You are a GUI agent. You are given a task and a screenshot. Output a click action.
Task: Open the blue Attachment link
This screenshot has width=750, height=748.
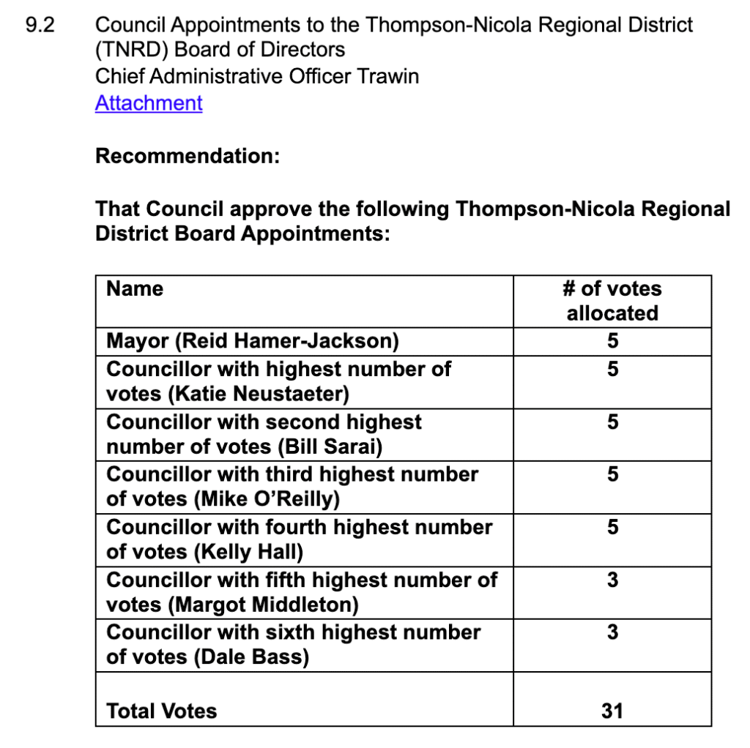click(149, 103)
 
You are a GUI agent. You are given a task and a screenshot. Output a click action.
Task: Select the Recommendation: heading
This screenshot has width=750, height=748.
click(187, 156)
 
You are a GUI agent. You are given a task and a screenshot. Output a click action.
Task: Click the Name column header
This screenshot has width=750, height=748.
click(135, 288)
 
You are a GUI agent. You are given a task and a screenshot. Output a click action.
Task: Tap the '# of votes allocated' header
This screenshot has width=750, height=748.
click(612, 301)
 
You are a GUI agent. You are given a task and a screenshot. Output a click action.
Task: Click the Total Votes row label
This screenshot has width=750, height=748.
click(162, 711)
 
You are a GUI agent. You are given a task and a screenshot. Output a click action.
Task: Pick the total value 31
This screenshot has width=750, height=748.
click(612, 711)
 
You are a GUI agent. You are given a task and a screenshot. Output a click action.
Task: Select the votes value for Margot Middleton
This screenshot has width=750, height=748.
click(612, 580)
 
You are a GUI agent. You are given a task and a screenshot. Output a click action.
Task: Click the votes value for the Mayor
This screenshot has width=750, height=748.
click(612, 341)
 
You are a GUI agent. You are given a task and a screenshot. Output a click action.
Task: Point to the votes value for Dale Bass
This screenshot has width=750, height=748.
click(612, 632)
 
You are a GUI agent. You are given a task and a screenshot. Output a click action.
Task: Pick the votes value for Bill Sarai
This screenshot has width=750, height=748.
click(612, 422)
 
